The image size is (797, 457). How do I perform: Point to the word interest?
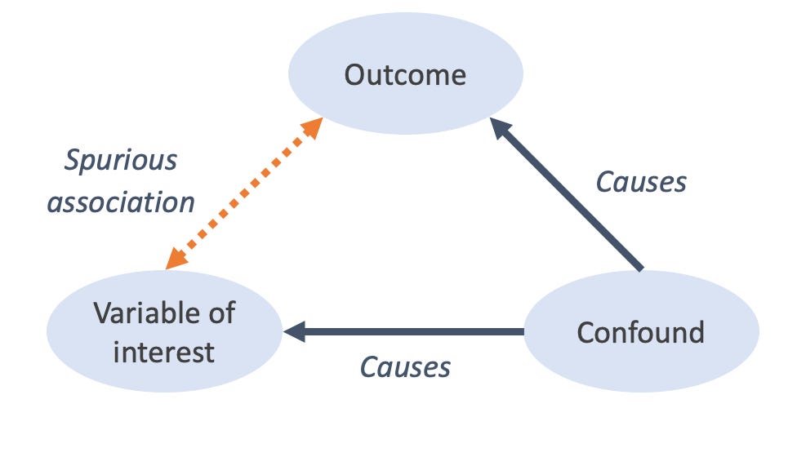(163, 352)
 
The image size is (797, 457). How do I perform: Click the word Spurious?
(121, 160)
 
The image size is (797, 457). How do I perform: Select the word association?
(121, 202)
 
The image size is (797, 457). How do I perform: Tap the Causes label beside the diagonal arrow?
(641, 182)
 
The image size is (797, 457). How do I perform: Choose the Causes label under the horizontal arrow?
(405, 367)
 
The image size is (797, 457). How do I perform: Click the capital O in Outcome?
(354, 75)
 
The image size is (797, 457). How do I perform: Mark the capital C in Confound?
(586, 333)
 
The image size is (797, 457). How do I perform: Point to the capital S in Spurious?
(73, 160)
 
